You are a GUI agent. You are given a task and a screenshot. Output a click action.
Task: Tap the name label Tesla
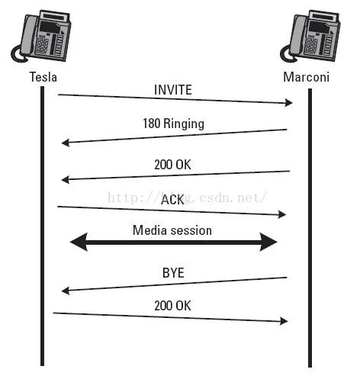43,77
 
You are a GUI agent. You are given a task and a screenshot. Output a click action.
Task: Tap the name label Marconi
308,77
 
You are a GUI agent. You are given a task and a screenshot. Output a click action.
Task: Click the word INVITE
172,90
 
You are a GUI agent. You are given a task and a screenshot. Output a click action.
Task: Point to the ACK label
173,199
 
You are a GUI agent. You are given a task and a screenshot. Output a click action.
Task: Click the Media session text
172,230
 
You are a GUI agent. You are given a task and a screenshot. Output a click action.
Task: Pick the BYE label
173,272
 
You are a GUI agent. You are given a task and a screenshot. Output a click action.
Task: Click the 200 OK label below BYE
173,305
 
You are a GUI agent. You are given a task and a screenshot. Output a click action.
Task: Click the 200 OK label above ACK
173,165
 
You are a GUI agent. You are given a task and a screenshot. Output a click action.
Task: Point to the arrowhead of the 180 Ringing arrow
66,142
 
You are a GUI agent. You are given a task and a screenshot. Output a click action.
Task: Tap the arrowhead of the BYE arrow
66,290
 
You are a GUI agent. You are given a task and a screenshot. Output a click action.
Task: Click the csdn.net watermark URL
187,197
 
